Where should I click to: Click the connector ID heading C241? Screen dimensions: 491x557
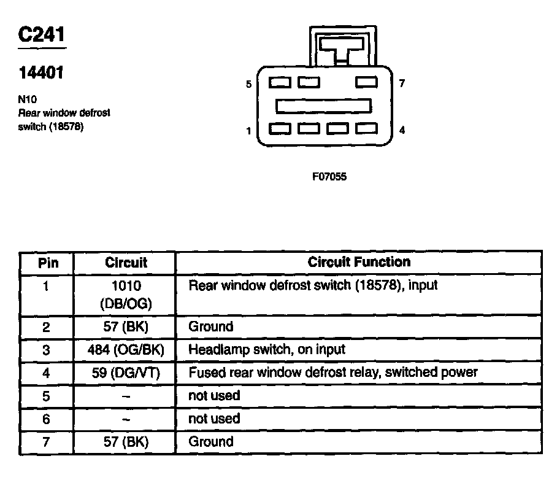tap(42, 34)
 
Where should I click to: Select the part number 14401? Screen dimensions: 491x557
tap(41, 73)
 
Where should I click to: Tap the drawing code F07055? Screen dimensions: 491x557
tap(329, 177)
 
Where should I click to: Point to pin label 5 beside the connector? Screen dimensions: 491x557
tap(248, 84)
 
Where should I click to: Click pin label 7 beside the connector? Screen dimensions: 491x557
tap(402, 83)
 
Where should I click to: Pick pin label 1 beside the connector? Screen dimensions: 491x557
tap(248, 131)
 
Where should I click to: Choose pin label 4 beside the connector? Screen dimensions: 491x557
tap(402, 130)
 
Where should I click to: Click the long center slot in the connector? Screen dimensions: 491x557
tap(323, 106)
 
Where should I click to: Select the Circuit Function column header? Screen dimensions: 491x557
tap(359, 262)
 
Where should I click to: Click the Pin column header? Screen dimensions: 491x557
tap(48, 263)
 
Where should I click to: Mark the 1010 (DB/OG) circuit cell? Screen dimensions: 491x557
tap(126, 294)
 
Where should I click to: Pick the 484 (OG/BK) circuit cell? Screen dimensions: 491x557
tap(126, 350)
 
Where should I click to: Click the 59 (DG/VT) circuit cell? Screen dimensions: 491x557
tap(126, 373)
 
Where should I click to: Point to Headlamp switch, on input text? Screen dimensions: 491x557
tap(267, 349)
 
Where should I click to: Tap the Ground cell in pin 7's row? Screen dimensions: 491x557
tap(211, 441)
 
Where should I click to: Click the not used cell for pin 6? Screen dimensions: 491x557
tap(214, 419)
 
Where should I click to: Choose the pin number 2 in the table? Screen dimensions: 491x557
tap(47, 327)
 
